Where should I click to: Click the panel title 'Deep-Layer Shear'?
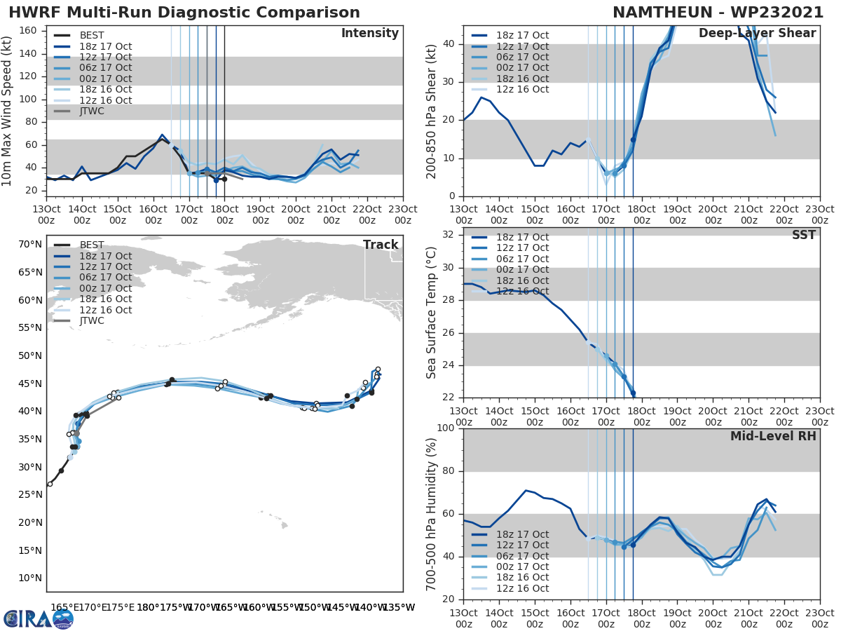pos(757,34)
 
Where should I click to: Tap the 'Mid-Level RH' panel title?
pos(773,437)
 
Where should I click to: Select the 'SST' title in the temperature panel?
pos(804,235)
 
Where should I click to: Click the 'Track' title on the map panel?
pos(381,245)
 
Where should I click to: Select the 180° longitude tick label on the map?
pos(146,607)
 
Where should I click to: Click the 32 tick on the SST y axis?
pos(448,235)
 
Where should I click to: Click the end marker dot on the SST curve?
pos(633,393)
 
